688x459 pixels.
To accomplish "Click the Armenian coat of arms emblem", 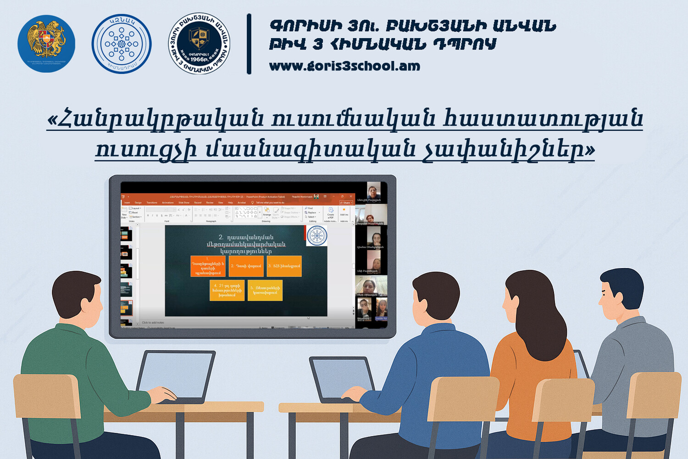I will click(46, 44).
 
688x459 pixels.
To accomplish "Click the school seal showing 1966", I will click(199, 44).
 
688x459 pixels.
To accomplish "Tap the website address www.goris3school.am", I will click(344, 66).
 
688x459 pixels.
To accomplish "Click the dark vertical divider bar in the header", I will click(249, 44).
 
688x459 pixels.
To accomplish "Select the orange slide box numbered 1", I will click(208, 266).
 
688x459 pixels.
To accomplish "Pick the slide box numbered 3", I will click(284, 266).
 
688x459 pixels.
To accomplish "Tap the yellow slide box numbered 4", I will click(227, 290).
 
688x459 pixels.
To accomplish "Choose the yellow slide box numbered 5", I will click(265, 290).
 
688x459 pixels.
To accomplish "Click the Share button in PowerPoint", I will click(346, 202).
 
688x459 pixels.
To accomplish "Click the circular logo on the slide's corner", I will click(316, 235).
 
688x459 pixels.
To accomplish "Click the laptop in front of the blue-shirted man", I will click(342, 379).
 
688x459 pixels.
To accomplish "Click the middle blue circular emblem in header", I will click(122, 44).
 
